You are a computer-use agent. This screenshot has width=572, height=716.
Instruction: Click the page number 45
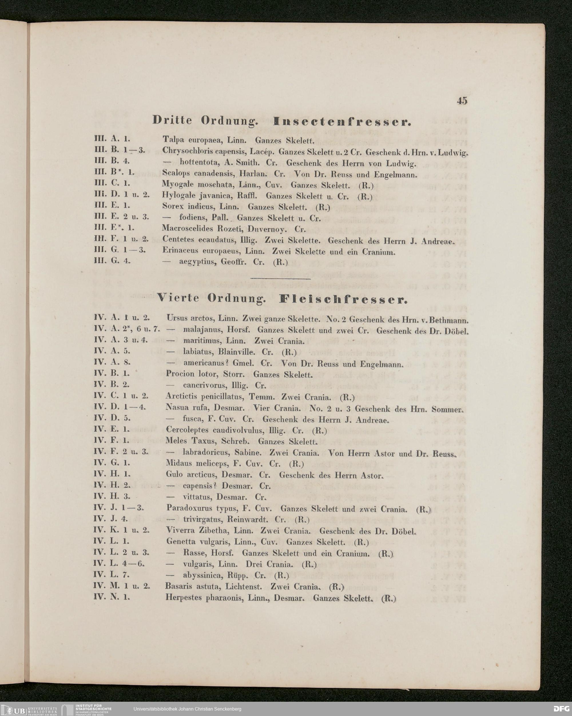pyautogui.click(x=462, y=101)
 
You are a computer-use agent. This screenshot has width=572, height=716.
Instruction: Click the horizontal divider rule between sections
pyautogui.click(x=280, y=279)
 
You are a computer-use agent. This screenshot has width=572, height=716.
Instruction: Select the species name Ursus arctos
pyautogui.click(x=190, y=319)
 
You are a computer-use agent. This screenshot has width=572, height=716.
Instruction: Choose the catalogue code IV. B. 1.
pyautogui.click(x=112, y=373)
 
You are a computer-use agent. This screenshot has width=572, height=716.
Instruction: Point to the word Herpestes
pyautogui.click(x=183, y=598)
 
